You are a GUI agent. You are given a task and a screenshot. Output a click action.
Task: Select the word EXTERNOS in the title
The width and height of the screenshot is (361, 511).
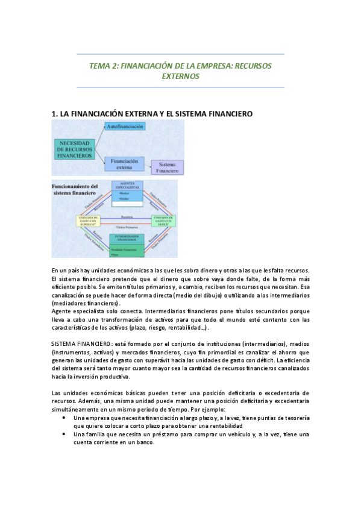pyautogui.click(x=181, y=77)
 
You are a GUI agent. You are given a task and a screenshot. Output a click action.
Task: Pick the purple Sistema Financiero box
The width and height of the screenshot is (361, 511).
pyautogui.click(x=167, y=167)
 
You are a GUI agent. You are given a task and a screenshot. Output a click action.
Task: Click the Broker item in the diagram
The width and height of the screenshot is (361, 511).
pyautogui.click(x=125, y=193)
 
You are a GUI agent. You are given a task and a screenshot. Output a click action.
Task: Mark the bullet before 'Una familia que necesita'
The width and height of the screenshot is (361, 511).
pyautogui.click(x=64, y=434)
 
